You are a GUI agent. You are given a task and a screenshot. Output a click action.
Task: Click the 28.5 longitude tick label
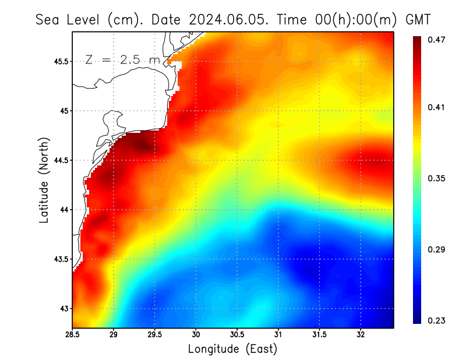(73, 335)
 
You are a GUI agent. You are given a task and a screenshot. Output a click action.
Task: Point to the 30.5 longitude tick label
(237, 335)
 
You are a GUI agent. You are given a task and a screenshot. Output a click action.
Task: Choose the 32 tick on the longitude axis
(361, 335)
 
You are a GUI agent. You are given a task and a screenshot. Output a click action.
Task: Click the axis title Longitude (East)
(232, 349)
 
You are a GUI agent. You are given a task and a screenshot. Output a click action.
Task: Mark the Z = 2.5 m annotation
(122, 59)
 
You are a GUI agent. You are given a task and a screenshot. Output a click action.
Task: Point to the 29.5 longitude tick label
(155, 335)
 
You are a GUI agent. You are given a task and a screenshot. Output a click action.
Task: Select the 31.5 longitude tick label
(319, 335)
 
